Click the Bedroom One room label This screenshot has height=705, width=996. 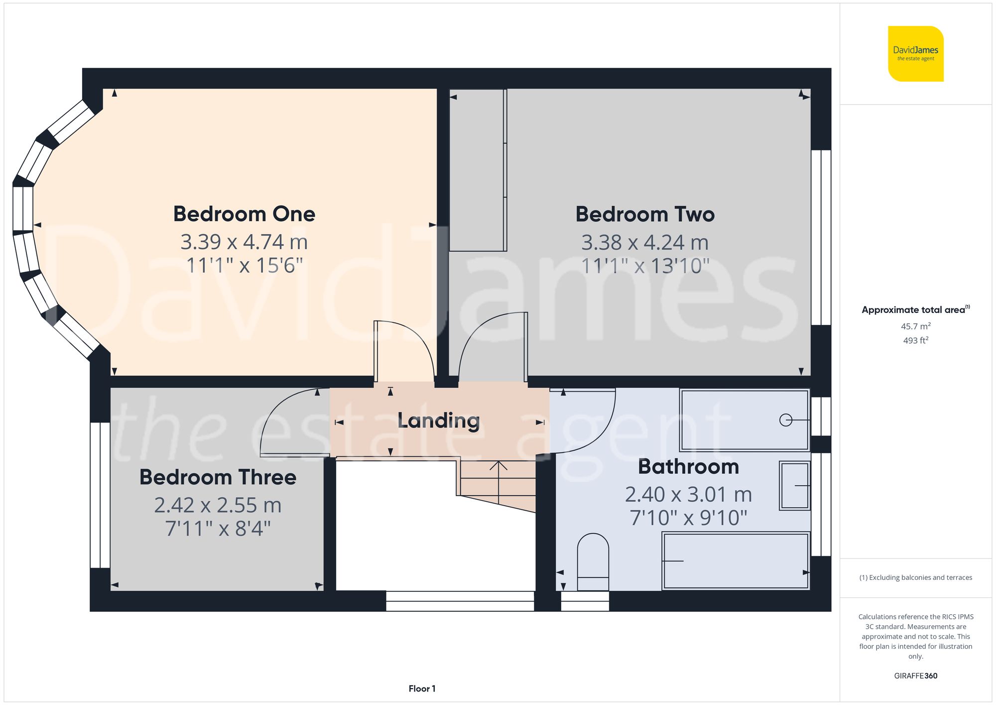point(244,214)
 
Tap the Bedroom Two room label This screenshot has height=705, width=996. point(645,214)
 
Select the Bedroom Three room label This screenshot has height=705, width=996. point(218,477)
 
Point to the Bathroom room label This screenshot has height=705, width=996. point(688,467)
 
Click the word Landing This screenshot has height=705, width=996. point(439,421)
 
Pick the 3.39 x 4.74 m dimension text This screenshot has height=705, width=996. point(244,242)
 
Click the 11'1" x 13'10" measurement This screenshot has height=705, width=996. point(645,266)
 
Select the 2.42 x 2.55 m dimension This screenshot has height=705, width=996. point(218,505)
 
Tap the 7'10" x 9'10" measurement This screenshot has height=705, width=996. point(688,518)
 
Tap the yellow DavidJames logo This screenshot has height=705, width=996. point(915,54)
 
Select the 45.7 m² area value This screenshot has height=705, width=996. point(915,326)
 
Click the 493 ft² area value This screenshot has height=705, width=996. point(915,340)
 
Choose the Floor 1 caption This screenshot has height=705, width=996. point(422,689)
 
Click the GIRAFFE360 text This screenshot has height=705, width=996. point(915,676)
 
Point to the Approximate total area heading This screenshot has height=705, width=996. point(915,310)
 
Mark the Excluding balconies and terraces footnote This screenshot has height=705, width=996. point(915,577)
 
